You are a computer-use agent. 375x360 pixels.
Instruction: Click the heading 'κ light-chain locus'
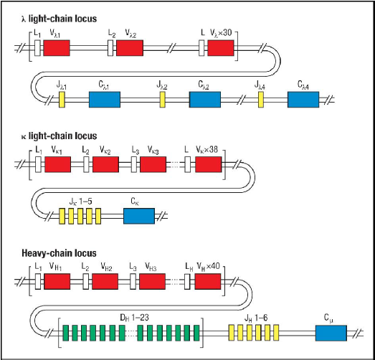53,136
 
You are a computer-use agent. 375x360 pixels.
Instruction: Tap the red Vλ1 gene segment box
57,48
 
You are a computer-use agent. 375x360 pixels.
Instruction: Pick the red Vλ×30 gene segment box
222,48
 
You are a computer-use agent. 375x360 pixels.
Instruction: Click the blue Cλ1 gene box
105,100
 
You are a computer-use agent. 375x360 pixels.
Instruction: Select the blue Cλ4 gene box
303,100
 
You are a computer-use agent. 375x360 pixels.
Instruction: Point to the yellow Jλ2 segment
163,100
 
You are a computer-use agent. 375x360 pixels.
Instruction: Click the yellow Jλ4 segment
262,100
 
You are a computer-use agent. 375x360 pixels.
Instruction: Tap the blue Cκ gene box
139,215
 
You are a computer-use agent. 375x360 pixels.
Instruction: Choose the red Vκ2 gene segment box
105,165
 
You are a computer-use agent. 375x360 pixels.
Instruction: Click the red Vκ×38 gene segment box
209,165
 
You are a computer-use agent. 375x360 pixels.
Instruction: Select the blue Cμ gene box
330,332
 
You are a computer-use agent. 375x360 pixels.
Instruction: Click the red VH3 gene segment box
153,282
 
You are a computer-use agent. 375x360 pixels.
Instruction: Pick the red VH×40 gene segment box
208,282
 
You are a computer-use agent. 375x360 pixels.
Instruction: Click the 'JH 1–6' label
252,316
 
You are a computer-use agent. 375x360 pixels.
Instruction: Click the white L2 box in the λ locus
111,48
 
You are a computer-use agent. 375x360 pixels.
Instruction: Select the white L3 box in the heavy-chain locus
133,282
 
